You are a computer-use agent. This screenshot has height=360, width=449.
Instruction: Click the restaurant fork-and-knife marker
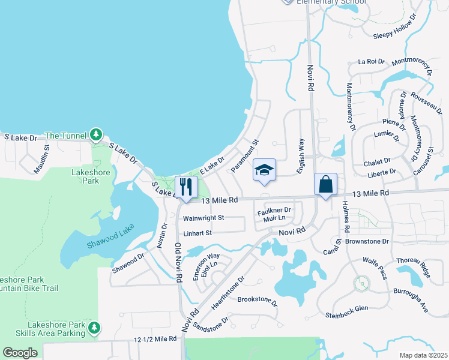(x=185, y=187)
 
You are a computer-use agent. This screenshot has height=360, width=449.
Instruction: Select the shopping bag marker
(x=325, y=184)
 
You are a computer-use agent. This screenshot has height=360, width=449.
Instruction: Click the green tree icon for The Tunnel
(x=95, y=135)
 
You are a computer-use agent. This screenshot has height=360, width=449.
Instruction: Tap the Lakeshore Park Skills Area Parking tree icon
(x=93, y=328)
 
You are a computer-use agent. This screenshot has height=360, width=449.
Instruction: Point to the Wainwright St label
(x=203, y=218)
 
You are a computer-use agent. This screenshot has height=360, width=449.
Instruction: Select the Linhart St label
(x=197, y=233)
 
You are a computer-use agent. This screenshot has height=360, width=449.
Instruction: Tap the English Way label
(x=303, y=157)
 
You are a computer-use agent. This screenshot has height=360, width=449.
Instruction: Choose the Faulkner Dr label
(x=274, y=211)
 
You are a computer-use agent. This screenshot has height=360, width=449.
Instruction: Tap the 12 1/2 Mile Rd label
(x=155, y=339)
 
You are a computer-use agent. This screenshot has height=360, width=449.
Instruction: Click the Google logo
(x=20, y=353)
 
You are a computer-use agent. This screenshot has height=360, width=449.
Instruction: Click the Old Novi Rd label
(x=178, y=262)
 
